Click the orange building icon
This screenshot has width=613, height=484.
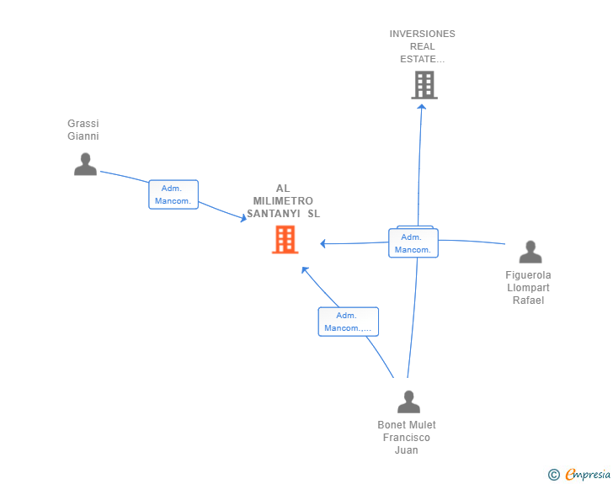coord(285,240)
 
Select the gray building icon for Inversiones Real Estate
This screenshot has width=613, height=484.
coord(424,85)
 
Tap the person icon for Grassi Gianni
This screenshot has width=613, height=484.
coord(85,164)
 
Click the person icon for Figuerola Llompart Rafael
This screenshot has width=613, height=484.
coord(530,252)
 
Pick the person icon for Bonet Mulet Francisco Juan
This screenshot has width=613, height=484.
coord(408,402)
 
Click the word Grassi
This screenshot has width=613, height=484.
coord(83,124)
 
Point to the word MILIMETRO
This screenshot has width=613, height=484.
coord(283,201)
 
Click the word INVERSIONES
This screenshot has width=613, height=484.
coord(422,34)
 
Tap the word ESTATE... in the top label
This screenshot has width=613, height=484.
coord(422,59)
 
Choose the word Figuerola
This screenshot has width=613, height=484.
coord(528,275)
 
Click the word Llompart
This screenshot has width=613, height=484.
coord(528,288)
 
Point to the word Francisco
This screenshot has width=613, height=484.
coord(407,438)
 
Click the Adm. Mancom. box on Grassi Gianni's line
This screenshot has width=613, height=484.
coord(173,194)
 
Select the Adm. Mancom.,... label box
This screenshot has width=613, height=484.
coord(349,322)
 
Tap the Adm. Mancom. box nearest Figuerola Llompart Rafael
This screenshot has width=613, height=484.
coord(413,242)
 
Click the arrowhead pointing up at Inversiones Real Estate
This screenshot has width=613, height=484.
coord(421,107)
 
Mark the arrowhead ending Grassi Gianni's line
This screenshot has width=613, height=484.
coord(243,218)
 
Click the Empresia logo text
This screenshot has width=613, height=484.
coord(588,474)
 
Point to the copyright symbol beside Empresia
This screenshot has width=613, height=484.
coord(554,475)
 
